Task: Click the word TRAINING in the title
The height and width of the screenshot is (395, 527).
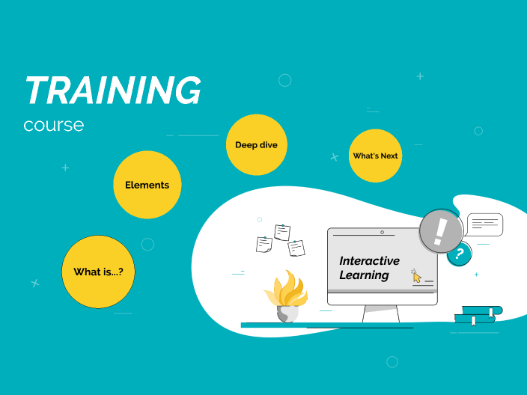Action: pos(112,91)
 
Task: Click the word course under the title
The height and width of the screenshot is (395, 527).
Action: pos(53,125)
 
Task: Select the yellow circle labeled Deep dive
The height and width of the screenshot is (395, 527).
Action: pos(256,144)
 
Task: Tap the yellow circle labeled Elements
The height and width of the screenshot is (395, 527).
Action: pos(147,185)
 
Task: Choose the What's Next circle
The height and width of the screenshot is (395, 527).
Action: pos(375,156)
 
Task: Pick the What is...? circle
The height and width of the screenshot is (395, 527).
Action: pos(99,272)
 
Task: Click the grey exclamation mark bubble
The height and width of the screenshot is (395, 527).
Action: pos(440,230)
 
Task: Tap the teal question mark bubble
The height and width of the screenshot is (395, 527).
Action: pos(459,254)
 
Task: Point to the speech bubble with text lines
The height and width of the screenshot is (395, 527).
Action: pos(485,224)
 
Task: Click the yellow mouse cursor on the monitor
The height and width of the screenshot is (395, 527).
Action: pos(416,277)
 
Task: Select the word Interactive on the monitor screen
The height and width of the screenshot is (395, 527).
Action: pos(369,261)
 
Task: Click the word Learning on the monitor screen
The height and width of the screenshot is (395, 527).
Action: pos(364,275)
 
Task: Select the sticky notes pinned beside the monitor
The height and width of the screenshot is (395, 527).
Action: pos(280,238)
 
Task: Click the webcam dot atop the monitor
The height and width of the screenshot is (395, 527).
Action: pos(383,232)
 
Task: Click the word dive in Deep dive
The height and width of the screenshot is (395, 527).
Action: pos(269,144)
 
